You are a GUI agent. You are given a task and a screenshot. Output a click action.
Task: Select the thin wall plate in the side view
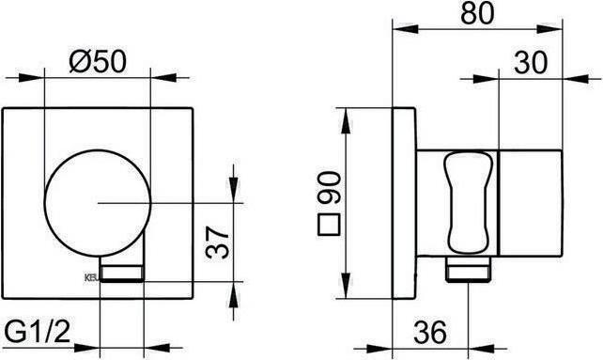point(401,202)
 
